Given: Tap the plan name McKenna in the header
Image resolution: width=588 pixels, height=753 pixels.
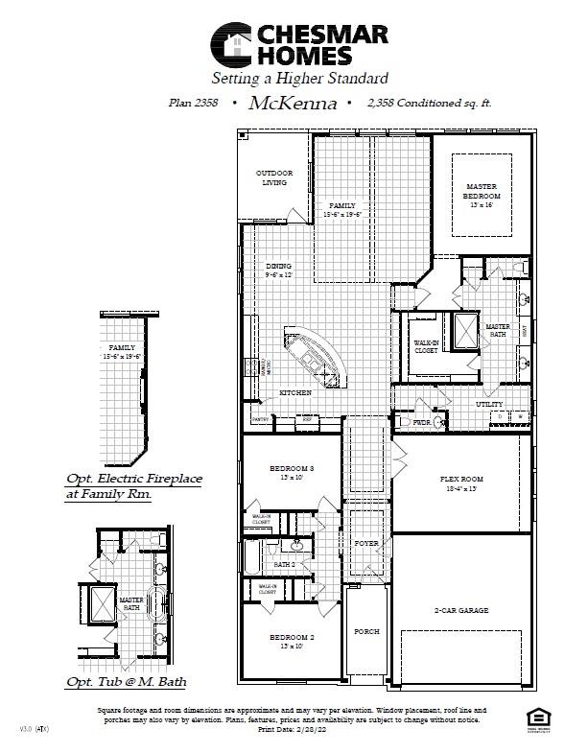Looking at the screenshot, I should [293, 103].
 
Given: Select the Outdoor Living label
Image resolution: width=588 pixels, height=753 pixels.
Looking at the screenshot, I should [274, 177].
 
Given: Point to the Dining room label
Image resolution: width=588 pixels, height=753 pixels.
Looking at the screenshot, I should [279, 267].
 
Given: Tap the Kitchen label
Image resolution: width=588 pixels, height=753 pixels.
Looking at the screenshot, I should [294, 394].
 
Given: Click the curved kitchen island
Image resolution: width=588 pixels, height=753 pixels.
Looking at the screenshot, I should [313, 354].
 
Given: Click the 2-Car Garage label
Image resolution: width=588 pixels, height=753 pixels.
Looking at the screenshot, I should [460, 609].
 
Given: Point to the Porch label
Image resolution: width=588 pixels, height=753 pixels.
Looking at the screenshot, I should [366, 631].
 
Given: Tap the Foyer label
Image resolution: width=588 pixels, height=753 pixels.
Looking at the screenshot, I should [366, 543].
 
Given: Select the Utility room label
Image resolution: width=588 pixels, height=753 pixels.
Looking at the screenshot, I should [489, 405].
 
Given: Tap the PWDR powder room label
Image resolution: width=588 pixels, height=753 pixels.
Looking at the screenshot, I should [421, 421].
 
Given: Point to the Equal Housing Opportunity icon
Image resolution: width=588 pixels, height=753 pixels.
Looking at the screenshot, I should [536, 718].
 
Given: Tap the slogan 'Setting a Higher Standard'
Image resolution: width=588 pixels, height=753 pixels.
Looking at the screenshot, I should [299, 78].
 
